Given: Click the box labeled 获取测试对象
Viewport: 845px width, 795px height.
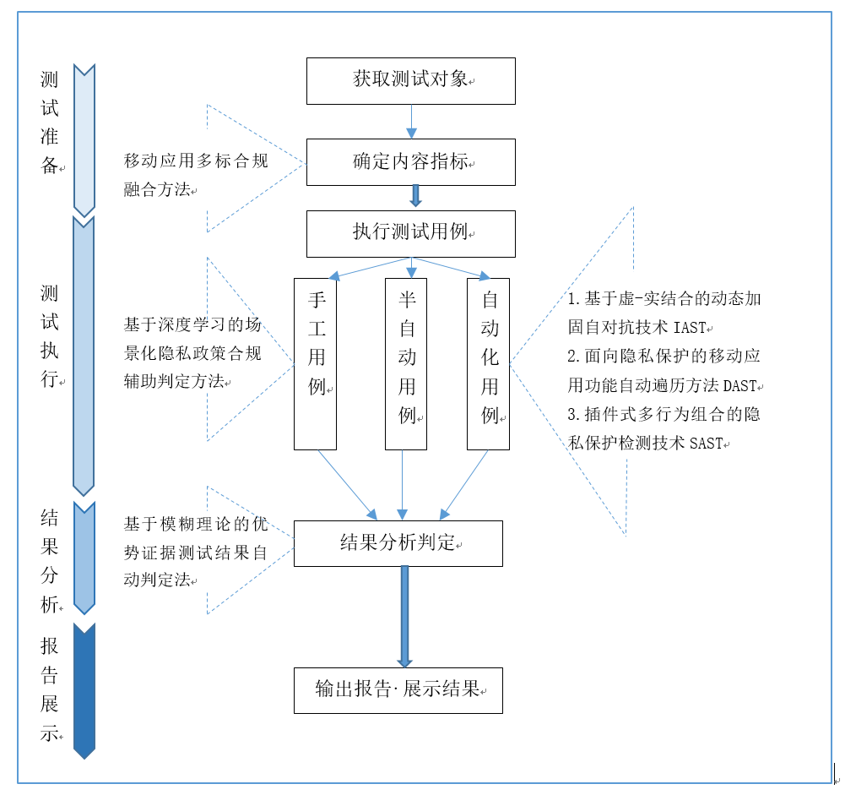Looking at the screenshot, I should coord(410,81).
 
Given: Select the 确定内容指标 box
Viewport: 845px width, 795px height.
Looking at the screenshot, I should coord(410,162).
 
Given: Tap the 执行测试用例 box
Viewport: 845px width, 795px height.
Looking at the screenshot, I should coord(410,233).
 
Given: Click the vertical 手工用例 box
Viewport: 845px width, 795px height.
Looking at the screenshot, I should coord(315,363).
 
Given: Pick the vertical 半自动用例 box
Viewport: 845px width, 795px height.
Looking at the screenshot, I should coord(406,363).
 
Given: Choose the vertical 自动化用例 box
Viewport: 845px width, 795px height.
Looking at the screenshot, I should coord(488,363).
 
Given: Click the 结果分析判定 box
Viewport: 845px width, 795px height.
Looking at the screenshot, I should coord(398,543).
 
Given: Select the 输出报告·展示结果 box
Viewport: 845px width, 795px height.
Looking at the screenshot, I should coord(398,689).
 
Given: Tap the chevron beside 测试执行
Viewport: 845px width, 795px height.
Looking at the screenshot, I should coord(84,356).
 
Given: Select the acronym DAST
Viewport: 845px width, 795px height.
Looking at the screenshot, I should coord(741,386).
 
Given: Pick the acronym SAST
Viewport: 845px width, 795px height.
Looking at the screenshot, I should coord(706,444).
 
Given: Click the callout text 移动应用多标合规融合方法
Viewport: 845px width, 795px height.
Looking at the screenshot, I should coord(196,175).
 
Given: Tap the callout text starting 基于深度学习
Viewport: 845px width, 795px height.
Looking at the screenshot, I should coord(193,353).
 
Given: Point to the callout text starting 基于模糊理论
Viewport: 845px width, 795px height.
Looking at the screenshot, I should coord(196,553).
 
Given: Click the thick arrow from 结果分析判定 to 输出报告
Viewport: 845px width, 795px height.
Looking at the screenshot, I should coord(404,617).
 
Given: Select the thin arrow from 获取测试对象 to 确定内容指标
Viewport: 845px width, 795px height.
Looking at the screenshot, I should coord(411,121).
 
